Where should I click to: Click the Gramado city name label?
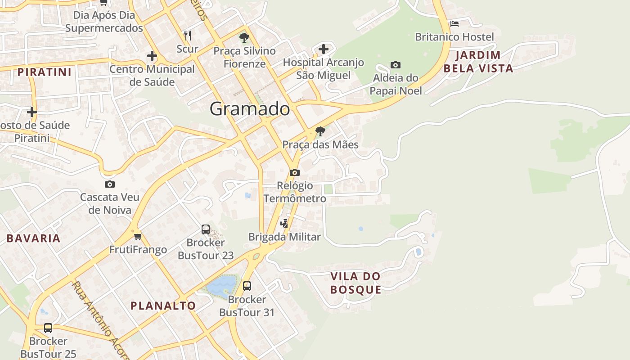tap(250, 109)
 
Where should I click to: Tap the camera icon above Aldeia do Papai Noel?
tap(396, 65)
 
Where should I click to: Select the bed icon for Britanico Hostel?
tap(454, 24)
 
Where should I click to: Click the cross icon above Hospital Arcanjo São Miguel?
tap(324, 49)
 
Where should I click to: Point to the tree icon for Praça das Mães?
tap(320, 131)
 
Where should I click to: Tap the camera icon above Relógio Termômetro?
tap(295, 172)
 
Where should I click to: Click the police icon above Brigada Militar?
tap(284, 223)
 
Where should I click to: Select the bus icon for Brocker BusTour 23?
tap(206, 229)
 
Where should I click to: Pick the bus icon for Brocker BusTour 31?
tap(247, 286)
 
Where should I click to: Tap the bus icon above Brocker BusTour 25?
tap(48, 328)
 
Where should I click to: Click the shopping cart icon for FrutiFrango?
tap(138, 236)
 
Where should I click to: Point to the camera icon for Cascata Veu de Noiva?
tap(109, 184)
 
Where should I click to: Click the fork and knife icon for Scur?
tap(188, 35)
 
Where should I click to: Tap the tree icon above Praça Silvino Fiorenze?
tap(244, 37)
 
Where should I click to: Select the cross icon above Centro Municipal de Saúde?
tap(152, 56)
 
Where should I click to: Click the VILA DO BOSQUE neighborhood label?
tap(355, 283)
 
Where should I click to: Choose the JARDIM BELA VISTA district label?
tap(478, 62)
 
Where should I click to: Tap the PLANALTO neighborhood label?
tap(163, 306)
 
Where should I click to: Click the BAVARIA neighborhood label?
tap(33, 238)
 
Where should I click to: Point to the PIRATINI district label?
tap(45, 72)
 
